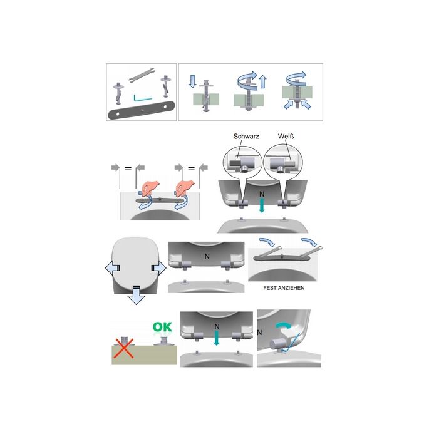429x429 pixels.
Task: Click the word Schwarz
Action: (x=246, y=137)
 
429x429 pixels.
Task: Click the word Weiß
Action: (x=286, y=137)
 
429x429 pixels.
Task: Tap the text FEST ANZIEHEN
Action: (x=284, y=288)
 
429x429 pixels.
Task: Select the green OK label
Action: (x=162, y=327)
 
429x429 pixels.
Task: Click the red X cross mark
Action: (x=124, y=348)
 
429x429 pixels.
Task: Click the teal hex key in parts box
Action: (x=142, y=98)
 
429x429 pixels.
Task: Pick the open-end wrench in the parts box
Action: (x=142, y=74)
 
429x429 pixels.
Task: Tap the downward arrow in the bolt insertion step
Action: (x=193, y=81)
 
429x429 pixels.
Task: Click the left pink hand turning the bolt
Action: (x=149, y=188)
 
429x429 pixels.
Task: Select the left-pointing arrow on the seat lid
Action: (x=113, y=268)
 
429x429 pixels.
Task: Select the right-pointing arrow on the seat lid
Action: (x=159, y=268)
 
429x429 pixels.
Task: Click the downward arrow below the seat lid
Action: (x=136, y=295)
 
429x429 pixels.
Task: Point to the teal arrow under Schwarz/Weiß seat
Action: (x=262, y=205)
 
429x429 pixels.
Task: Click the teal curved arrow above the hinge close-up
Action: (x=283, y=325)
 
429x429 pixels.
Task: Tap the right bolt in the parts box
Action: (x=166, y=86)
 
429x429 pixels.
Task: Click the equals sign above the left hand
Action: (x=128, y=168)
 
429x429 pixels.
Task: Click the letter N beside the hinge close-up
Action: (x=260, y=333)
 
